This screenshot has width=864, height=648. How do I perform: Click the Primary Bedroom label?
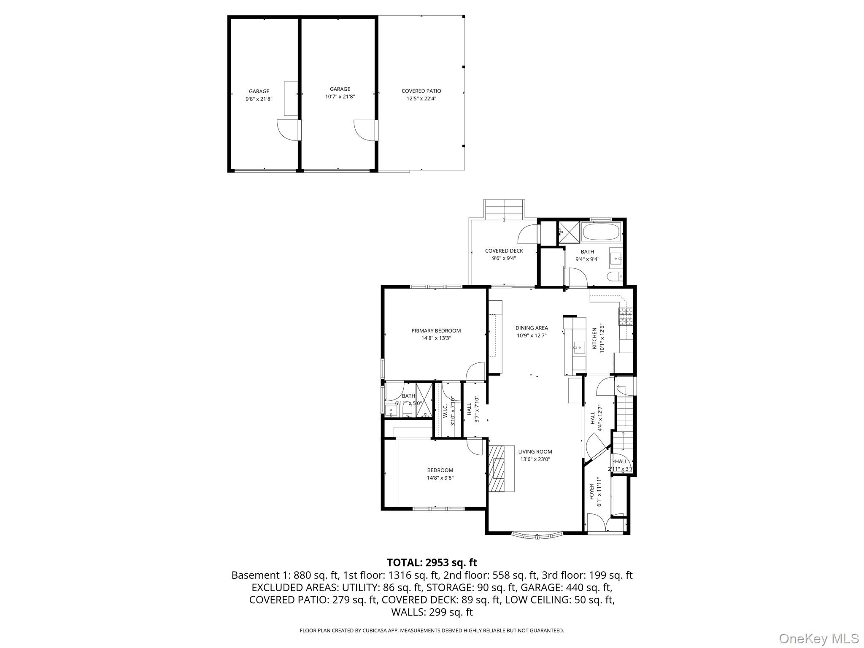point(436,331)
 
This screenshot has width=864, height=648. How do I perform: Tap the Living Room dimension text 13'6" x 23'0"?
point(535,459)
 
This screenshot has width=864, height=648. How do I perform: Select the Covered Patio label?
point(421,91)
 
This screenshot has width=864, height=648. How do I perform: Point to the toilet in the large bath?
point(614,277)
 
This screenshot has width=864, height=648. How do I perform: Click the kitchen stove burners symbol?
point(626,316)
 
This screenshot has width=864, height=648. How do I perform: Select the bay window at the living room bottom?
point(537,536)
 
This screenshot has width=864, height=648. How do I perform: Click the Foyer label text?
point(592,492)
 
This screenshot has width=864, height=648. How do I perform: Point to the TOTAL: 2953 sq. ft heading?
point(432,562)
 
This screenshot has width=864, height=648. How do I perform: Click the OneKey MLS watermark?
point(818,638)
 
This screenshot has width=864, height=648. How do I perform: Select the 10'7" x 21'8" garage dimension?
point(340,97)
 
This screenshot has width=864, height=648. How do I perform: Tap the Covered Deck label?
point(504,251)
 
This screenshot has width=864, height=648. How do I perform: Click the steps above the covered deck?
point(504,210)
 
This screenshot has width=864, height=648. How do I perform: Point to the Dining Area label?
point(532,328)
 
